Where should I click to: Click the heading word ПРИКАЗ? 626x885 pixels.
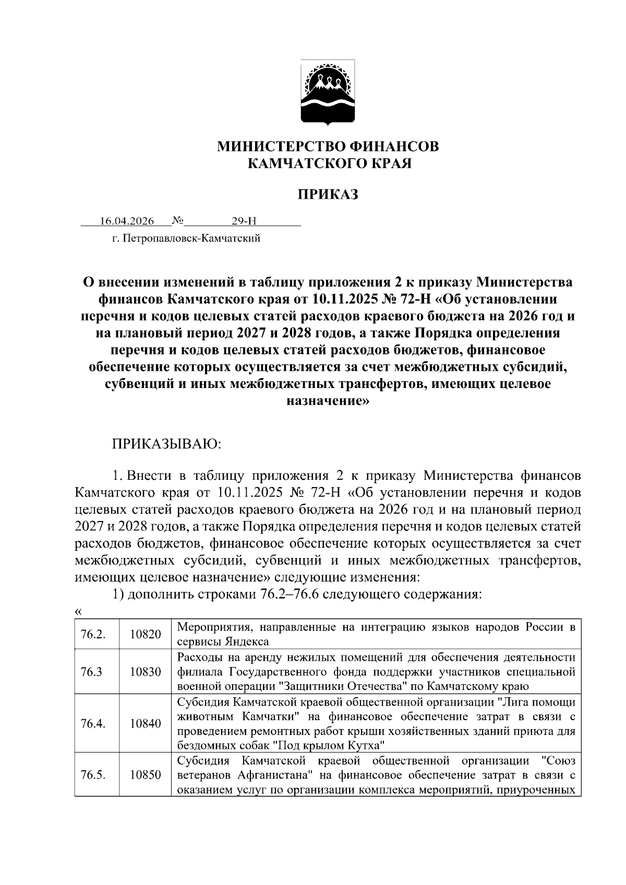point(328,195)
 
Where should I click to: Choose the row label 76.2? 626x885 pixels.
point(93,634)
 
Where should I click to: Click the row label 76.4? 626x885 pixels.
point(93,723)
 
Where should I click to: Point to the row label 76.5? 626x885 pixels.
point(93,775)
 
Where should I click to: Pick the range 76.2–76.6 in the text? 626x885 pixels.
point(290,595)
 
